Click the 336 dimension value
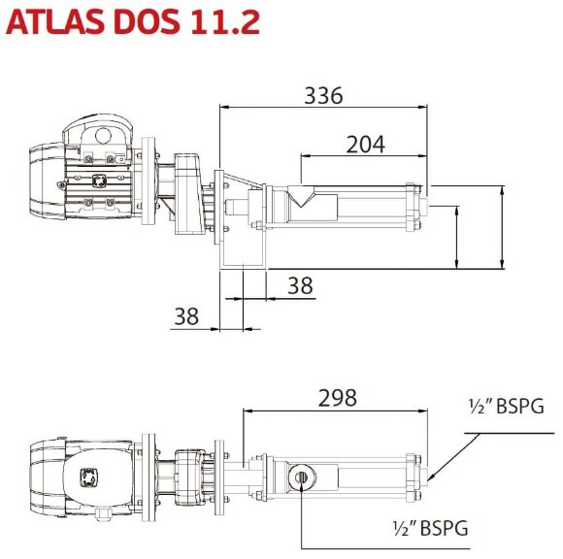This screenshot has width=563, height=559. click(x=323, y=95)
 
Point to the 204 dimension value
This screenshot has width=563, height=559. click(x=365, y=145)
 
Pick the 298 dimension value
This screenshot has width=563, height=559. click(x=337, y=397)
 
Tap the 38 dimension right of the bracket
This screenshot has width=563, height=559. click(x=301, y=284)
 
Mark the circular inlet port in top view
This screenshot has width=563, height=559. click(x=303, y=476)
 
